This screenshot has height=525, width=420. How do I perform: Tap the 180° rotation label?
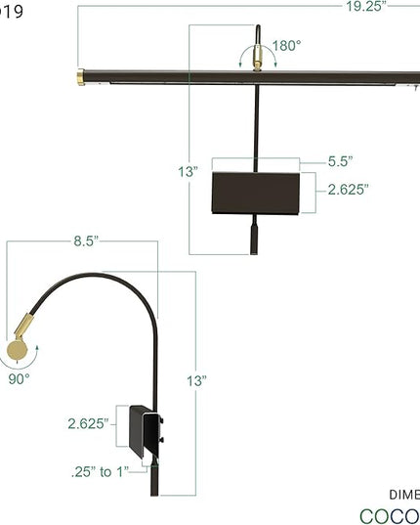tap(285, 45)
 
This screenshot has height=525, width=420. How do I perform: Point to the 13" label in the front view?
tap(189, 172)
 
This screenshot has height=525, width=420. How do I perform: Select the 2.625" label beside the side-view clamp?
tap(87, 423)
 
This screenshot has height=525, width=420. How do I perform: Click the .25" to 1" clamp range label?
tap(99, 472)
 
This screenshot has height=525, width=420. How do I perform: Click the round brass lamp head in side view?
tap(19, 350)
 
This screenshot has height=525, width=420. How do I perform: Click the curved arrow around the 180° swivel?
tap(258, 52)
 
